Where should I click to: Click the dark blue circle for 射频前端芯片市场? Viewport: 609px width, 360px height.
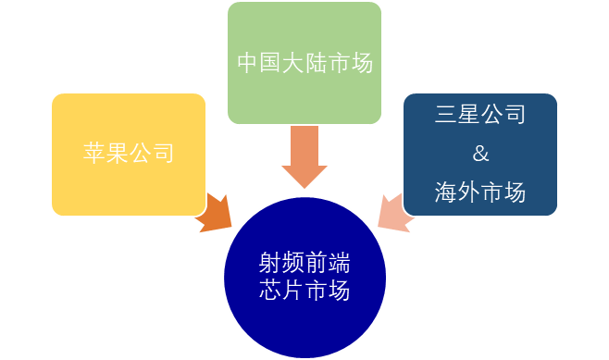pyautogui.click(x=304, y=278)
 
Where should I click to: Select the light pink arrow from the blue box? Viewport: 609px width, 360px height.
pyautogui.click(x=392, y=210)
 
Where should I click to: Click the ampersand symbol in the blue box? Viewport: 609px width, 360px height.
pyautogui.click(x=479, y=154)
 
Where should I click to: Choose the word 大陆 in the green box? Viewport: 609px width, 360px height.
pyautogui.click(x=304, y=63)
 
